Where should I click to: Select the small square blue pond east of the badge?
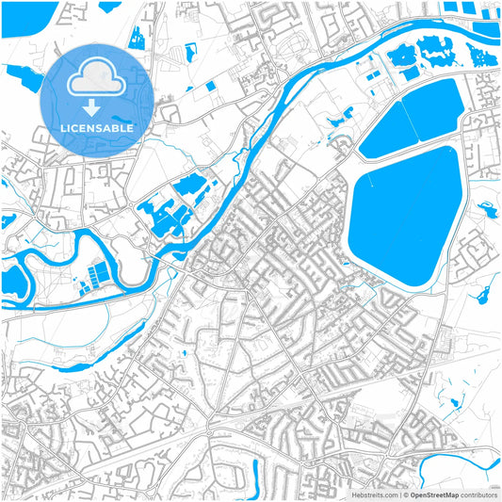pyautogui.click(x=209, y=86)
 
